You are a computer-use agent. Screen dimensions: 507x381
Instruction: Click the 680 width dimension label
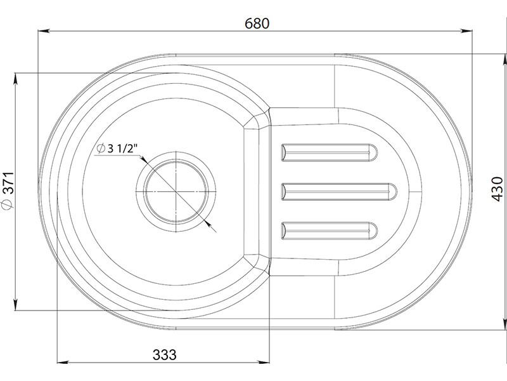click(257, 23)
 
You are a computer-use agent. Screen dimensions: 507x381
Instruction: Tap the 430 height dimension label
click(497, 189)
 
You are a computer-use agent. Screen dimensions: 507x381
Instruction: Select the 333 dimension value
click(165, 355)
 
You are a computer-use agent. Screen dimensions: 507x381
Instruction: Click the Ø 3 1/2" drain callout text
click(117, 149)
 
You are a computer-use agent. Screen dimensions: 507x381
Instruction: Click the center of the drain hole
click(176, 192)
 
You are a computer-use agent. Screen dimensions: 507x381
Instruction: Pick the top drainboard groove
click(329, 152)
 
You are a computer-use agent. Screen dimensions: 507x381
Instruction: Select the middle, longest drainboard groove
click(339, 192)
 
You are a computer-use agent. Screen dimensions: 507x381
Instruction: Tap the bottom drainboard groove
click(329, 231)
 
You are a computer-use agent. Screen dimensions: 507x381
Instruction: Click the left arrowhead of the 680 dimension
click(44, 31)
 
